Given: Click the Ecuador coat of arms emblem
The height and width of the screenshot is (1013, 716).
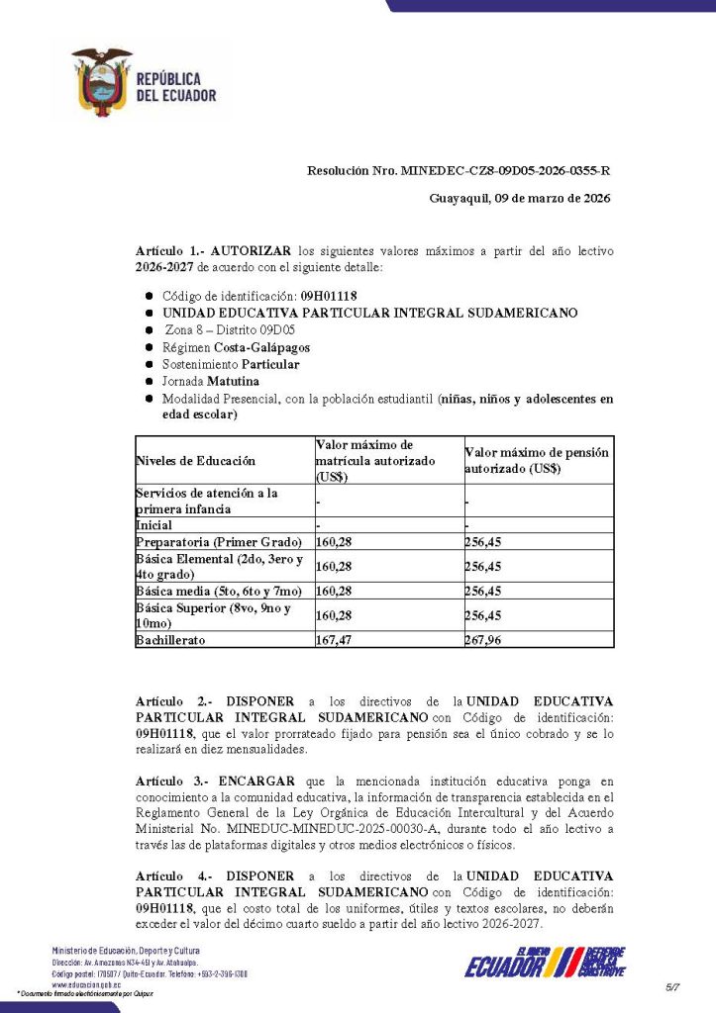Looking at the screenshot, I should coord(102,84).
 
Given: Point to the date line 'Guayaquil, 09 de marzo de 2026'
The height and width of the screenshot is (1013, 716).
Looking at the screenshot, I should coord(520,198).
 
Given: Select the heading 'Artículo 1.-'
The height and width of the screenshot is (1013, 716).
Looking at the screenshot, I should coord(169,252).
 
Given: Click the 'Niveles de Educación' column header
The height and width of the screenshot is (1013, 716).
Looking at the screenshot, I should coord(195,460).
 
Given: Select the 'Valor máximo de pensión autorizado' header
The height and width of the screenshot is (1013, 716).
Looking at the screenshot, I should coord(536,460).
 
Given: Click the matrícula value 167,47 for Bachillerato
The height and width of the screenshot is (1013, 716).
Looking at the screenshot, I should coord(333,639).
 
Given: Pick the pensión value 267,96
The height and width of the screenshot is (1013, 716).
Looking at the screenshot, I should coord(482,639).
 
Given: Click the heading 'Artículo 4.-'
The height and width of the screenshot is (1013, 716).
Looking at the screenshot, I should coord(170,876).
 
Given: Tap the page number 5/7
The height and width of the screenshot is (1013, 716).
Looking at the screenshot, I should coord(674,988).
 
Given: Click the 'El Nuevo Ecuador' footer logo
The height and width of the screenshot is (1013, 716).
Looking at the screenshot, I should coord(544,963).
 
